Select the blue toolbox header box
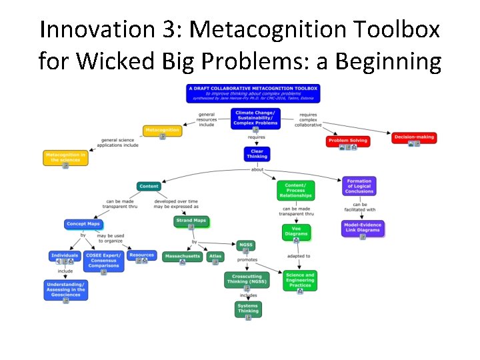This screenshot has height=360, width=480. [253, 93]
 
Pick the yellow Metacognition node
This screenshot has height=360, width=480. [162, 130]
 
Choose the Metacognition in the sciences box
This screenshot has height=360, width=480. [65, 158]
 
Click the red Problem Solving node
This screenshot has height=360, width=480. [348, 141]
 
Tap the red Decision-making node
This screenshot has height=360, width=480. [414, 137]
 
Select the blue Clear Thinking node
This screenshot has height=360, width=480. [257, 154]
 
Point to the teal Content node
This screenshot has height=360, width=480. [149, 186]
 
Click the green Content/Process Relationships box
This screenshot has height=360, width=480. [295, 190]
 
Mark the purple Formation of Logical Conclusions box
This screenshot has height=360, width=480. [359, 186]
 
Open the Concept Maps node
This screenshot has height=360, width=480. [83, 225]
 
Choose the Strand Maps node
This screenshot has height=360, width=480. [191, 221]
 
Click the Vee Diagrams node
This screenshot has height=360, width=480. [296, 231]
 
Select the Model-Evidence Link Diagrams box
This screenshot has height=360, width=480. [362, 228]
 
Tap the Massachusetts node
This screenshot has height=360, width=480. [182, 256]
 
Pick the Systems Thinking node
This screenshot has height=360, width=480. [248, 309]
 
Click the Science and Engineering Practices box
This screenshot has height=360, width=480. [299, 280]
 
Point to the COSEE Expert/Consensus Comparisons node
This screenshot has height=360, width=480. [103, 261]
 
